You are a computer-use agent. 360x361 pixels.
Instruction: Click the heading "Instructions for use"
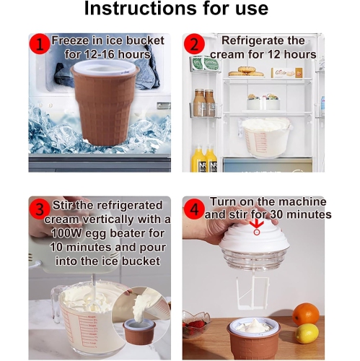(176, 10)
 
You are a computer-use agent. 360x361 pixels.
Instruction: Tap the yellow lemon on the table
(307, 333)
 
